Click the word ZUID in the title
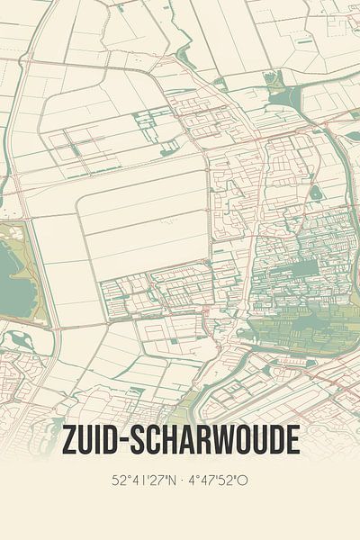92,440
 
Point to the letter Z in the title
68,440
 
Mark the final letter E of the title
292,440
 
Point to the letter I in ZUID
102,440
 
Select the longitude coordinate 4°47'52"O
217,481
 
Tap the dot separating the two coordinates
183,481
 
